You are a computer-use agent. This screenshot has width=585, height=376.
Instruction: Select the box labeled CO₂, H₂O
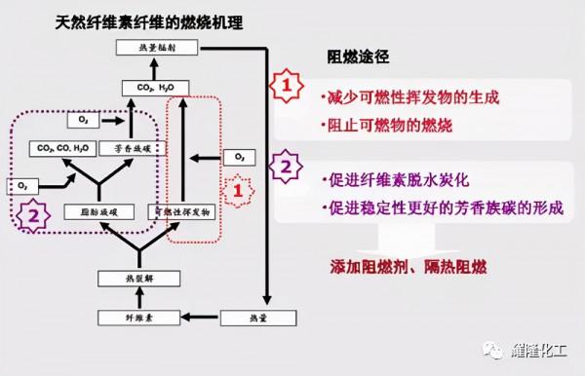pyautogui.click(x=153, y=88)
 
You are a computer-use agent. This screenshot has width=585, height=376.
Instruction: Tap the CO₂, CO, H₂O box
pyautogui.click(x=62, y=149)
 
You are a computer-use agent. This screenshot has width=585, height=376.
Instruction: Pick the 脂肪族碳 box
pyautogui.click(x=96, y=210)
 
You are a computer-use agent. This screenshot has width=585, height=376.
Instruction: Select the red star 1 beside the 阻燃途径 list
pyautogui.click(x=285, y=86)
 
